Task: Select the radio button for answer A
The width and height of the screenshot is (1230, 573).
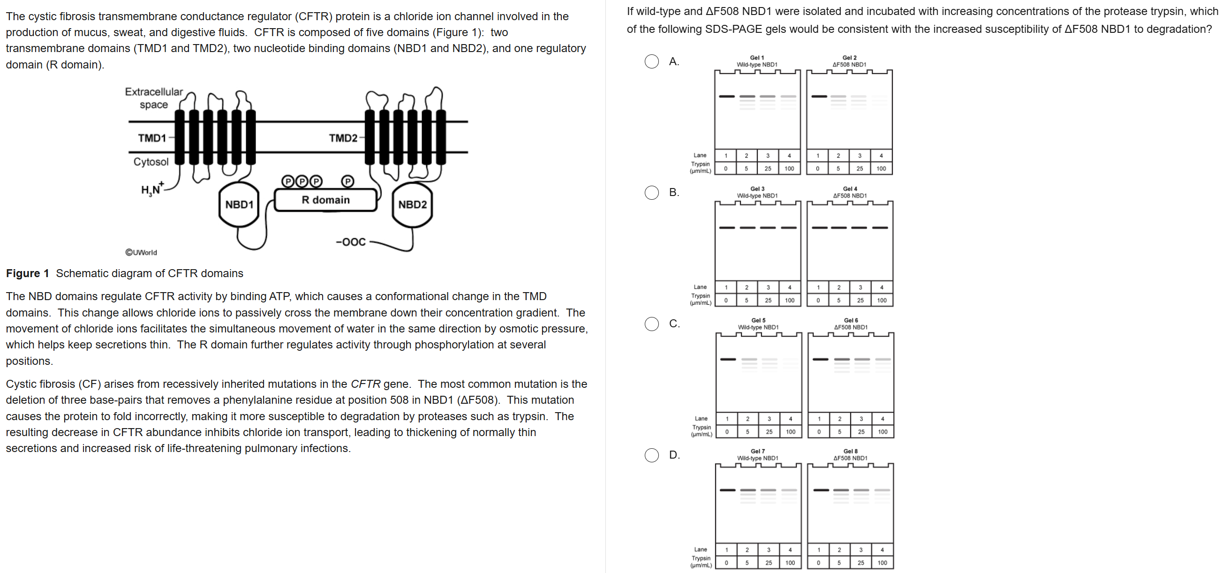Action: coord(652,61)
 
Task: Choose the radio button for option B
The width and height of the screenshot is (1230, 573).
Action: coord(652,192)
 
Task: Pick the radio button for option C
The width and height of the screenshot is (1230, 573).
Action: coord(652,324)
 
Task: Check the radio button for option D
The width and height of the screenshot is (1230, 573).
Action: coord(652,455)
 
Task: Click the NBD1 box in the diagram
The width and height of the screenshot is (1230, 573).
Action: coord(239,205)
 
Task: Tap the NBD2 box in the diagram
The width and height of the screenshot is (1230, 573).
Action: coord(413,205)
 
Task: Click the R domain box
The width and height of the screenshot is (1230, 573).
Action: coord(325,200)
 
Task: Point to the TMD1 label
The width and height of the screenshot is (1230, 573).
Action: coord(152,138)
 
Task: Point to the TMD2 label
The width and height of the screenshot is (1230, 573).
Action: coord(343,138)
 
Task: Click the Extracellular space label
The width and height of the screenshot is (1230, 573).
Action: coord(154,98)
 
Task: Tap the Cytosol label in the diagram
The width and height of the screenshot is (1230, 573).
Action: coord(151,162)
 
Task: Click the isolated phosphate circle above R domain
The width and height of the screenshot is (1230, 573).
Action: coord(348,181)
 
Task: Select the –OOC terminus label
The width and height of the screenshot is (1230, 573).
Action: coord(351,242)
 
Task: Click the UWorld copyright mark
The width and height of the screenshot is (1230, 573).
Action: coord(141,253)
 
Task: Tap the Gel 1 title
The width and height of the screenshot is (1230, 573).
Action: coord(757,58)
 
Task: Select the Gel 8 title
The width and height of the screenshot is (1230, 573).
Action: coord(850,451)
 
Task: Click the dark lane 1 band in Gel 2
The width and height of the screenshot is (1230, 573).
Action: coord(819,97)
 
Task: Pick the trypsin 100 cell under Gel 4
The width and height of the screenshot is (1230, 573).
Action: coord(882,301)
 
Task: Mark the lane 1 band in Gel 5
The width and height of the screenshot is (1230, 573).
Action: coord(728,359)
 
